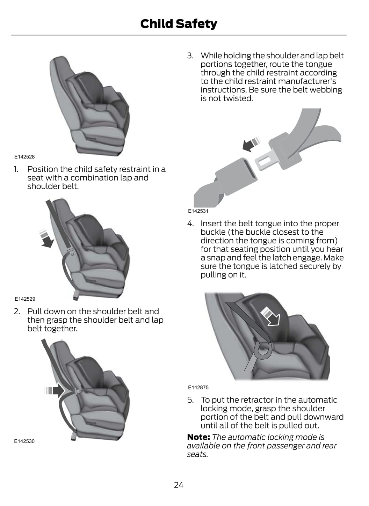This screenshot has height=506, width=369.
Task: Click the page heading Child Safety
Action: pyautogui.click(x=179, y=24)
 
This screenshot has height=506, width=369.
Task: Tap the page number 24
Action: pyautogui.click(x=179, y=485)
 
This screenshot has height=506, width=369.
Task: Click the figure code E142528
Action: pyautogui.click(x=24, y=157)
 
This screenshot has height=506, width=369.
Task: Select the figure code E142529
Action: pyautogui.click(x=25, y=299)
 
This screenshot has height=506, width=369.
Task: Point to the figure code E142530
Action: pyautogui.click(x=24, y=441)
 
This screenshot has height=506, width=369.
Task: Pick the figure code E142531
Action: pyautogui.click(x=198, y=211)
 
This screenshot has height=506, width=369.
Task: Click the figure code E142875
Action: pyautogui.click(x=198, y=387)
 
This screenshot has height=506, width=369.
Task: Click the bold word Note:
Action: pyautogui.click(x=198, y=437)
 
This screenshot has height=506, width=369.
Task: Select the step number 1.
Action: pyautogui.click(x=16, y=169)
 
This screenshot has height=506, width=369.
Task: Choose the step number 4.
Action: pyautogui.click(x=190, y=223)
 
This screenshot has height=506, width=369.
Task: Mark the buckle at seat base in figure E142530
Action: pyautogui.click(x=74, y=435)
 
